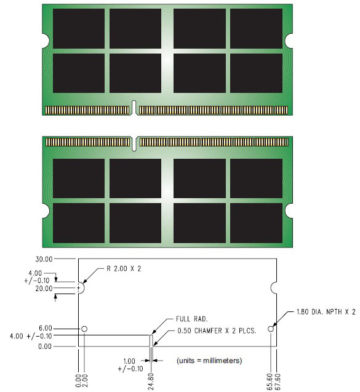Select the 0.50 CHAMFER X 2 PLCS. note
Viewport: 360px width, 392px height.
coord(201,331)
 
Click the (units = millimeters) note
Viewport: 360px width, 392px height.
coord(209,359)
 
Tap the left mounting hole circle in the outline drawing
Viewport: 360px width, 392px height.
coord(85,329)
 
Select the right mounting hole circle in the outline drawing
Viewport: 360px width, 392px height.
coord(271,329)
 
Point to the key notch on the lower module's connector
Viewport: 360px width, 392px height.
coord(135,143)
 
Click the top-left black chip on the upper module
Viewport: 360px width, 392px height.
coord(78,29)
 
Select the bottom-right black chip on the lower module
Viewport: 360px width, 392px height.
coord(256,222)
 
